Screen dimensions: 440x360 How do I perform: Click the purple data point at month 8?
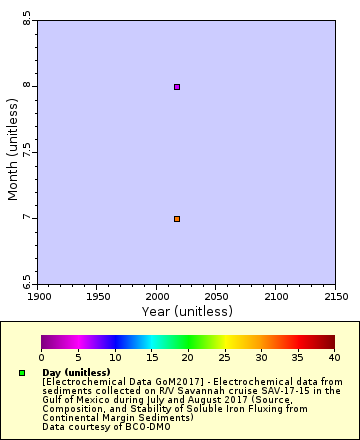coord(177,87)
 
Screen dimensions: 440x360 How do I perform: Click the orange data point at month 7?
coord(177,219)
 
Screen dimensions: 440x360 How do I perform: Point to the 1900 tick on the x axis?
coord(39,296)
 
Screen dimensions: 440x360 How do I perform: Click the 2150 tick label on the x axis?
coord(336,296)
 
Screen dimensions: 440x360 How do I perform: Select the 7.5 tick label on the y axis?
coord(27,152)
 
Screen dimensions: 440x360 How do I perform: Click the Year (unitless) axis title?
coord(187,311)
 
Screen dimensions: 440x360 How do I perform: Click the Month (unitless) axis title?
coord(13,151)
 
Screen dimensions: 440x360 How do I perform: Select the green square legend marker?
coord(22,373)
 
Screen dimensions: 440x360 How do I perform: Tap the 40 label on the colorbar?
coord(333,357)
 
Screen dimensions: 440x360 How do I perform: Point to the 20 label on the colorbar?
coord(187,357)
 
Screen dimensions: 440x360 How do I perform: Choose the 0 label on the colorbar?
coord(41,357)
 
